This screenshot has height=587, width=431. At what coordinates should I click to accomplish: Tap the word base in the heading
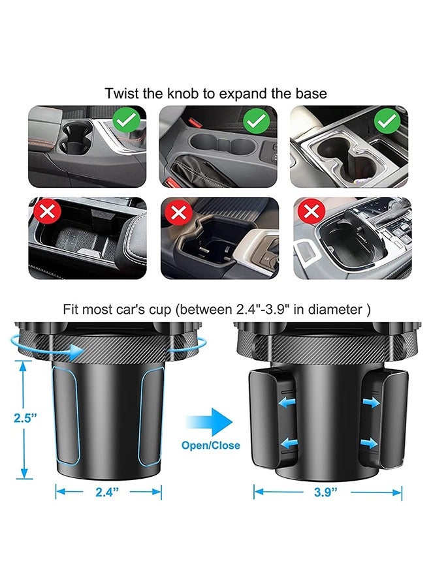pos(312,93)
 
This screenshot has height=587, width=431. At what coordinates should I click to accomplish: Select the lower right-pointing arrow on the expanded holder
pos(370,443)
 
